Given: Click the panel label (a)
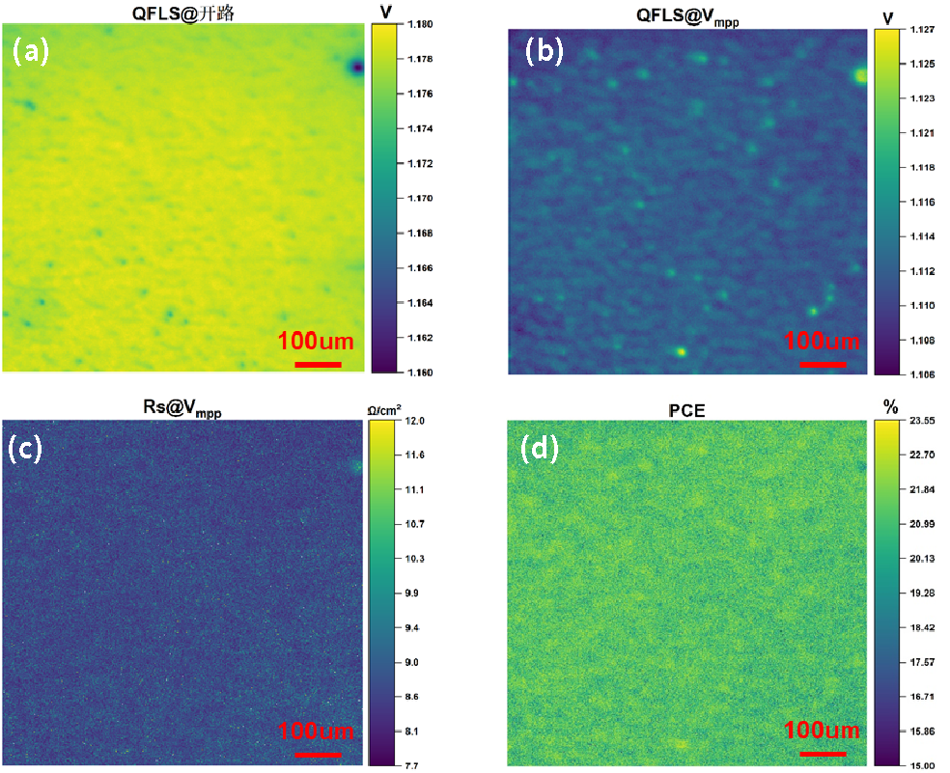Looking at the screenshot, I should tap(30, 52).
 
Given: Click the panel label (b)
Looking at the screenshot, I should tap(544, 52).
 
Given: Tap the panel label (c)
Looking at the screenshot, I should tap(27, 448).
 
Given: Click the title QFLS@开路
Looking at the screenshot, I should tap(182, 13).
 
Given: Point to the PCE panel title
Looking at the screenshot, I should tap(687, 410).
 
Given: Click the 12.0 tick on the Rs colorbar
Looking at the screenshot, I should tap(395, 422).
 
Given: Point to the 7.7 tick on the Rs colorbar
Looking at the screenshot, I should tap(395, 765).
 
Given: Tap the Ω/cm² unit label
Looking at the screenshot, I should tap(383, 410).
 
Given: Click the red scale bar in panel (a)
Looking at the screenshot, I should tap(318, 364).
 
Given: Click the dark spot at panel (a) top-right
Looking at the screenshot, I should tap(357, 67).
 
